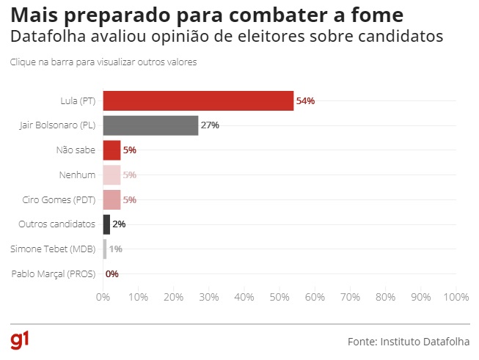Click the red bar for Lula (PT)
198,100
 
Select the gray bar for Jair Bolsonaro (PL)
150,125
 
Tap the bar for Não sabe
111,150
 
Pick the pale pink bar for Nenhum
111,175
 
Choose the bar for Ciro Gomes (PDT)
111,199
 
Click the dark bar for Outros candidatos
106,224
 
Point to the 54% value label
305,100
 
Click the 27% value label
210,125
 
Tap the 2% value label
119,224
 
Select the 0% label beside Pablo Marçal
112,274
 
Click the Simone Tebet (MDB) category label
53,249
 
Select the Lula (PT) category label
78,100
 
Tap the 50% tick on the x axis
279,297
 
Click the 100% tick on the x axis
456,297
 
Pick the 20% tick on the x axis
173,297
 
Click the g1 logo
20,339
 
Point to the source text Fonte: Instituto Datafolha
409,342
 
